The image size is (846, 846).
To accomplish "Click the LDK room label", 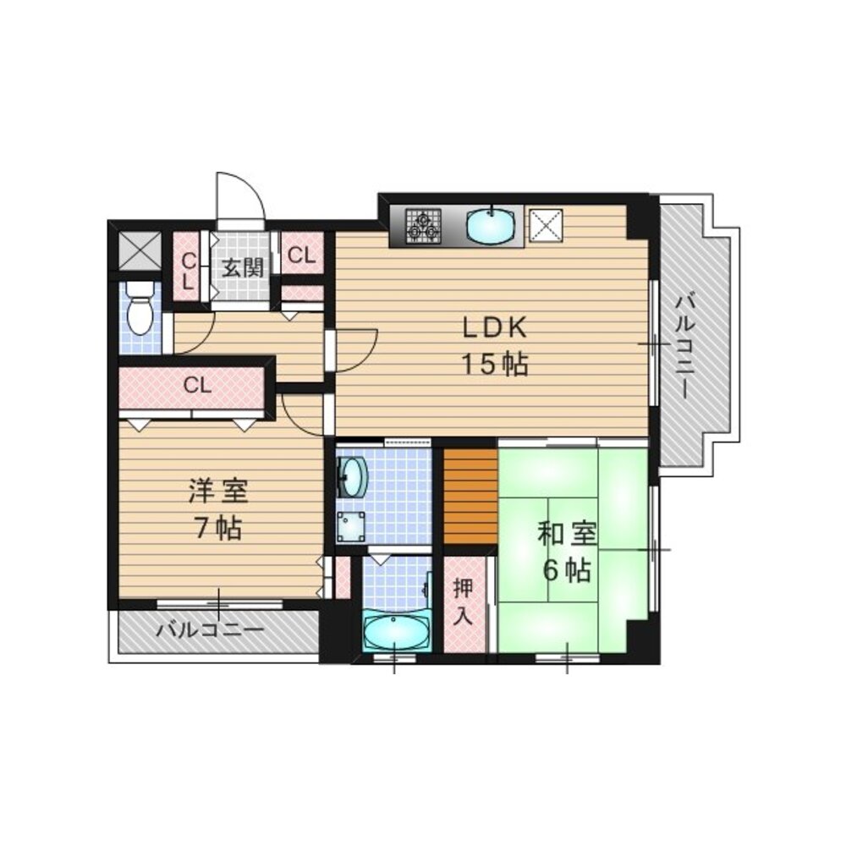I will [x=494, y=327].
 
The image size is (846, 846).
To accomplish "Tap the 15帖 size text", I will [x=494, y=365].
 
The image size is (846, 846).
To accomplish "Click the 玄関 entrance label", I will [x=243, y=268].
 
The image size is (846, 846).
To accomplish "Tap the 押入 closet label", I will [x=462, y=601].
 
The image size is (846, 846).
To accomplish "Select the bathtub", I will [x=396, y=631].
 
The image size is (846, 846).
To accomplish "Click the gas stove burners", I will [x=421, y=225].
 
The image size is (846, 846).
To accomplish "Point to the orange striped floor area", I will [x=470, y=497].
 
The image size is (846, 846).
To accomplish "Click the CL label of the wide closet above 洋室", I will [x=197, y=386].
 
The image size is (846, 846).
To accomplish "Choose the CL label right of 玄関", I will [x=302, y=255].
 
